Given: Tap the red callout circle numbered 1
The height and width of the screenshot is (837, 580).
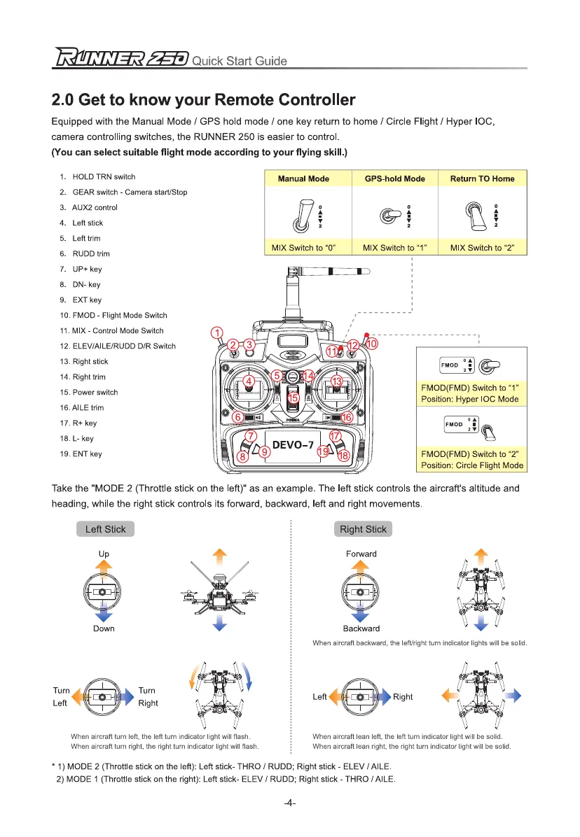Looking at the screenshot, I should click(x=218, y=332).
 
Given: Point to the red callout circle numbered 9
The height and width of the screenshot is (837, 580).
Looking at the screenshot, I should click(x=265, y=452).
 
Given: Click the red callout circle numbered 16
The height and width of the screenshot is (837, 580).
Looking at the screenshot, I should click(x=347, y=417).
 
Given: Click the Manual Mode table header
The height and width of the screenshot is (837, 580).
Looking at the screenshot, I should click(x=303, y=178).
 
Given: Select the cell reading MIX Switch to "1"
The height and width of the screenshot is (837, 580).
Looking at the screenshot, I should click(x=394, y=248).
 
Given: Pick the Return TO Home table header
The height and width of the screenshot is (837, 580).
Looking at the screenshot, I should click(x=482, y=178).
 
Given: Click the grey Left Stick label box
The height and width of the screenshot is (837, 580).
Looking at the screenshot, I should click(x=105, y=529).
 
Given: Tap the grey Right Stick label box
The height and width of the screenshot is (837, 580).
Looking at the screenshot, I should click(x=363, y=529).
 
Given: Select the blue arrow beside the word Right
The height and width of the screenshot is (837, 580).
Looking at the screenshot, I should click(x=383, y=696).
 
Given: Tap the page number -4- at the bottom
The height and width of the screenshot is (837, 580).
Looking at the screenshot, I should click(x=290, y=802).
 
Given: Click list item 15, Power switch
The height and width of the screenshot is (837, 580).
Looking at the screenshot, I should click(x=89, y=392).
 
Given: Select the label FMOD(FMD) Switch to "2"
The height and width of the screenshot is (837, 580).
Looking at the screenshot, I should click(x=469, y=453).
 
